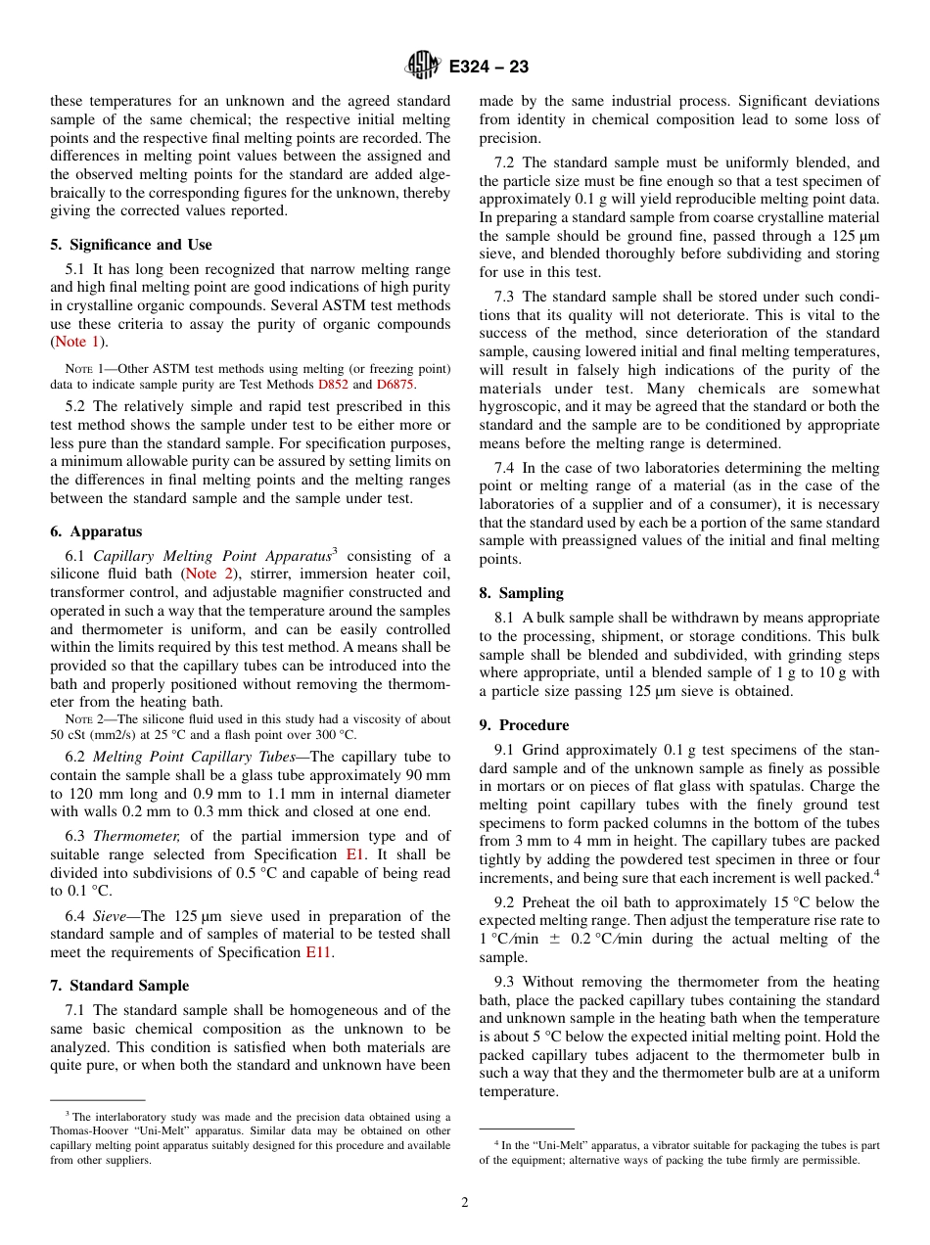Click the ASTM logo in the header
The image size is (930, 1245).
[x=423, y=67]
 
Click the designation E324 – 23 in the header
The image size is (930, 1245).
[x=488, y=67]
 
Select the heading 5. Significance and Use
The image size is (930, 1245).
[x=131, y=245]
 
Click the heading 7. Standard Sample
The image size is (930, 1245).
[x=119, y=986]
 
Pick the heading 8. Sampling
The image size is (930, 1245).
[x=521, y=593]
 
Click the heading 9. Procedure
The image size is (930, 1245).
[x=524, y=725]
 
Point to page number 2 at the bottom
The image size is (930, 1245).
[x=465, y=1203]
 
